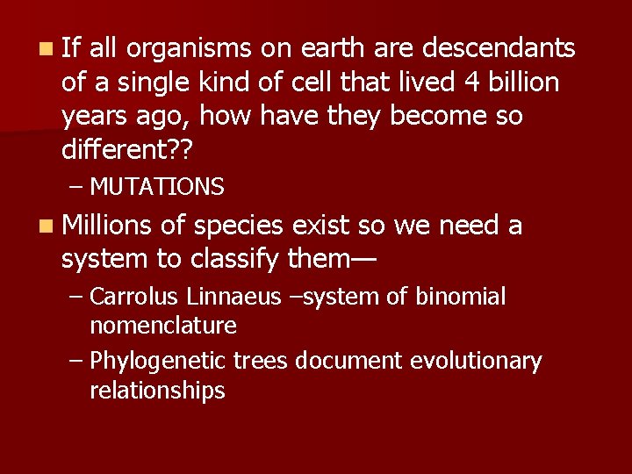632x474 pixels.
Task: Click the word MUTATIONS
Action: pos(157,187)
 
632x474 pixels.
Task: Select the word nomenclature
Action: pos(163,327)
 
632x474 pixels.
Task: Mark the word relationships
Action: pos(157,391)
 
